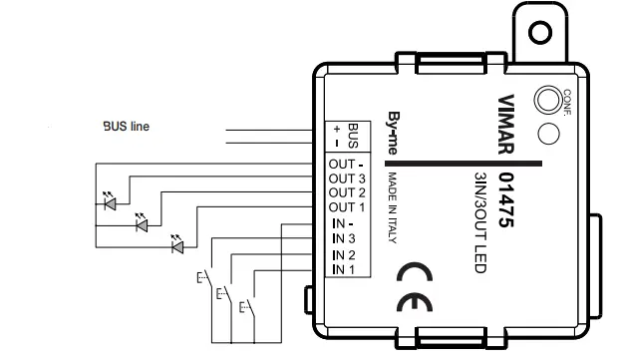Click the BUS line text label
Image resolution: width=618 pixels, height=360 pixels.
(127, 127)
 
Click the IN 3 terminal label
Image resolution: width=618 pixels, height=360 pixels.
(345, 239)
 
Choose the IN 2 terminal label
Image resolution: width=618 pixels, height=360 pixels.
(345, 256)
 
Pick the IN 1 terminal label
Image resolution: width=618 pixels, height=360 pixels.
(345, 269)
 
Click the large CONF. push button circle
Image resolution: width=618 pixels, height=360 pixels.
(547, 101)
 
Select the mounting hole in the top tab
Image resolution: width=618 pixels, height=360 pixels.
(540, 33)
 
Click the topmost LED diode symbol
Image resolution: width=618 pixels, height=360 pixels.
(111, 203)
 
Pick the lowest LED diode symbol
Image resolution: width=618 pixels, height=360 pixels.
(177, 245)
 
